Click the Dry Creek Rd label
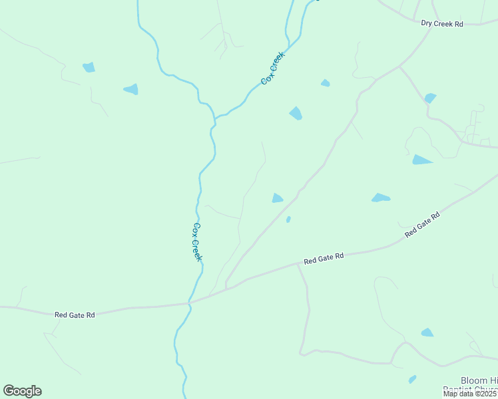[442, 23]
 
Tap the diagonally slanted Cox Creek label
[273, 68]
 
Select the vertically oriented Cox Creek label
[196, 241]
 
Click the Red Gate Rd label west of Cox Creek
[75, 315]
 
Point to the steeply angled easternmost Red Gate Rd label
[423, 225]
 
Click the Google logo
[22, 391]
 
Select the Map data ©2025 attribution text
[469, 394]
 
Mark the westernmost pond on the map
[89, 67]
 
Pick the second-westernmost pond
[131, 89]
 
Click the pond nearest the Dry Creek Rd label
[430, 98]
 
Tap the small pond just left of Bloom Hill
[413, 379]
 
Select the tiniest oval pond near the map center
[288, 219]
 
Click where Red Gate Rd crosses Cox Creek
[190, 303]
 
